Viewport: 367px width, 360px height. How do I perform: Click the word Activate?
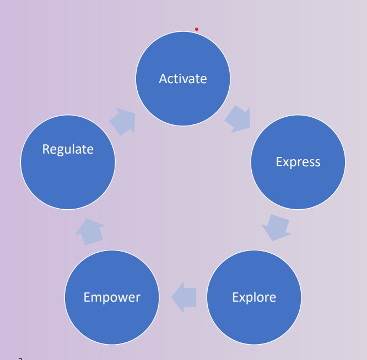183,79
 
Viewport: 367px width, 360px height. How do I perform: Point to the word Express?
298,162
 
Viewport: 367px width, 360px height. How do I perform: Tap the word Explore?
254,298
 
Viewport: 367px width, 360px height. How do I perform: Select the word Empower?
112,298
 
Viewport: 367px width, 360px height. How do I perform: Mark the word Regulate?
68,149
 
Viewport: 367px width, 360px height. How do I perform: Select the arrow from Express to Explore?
276,227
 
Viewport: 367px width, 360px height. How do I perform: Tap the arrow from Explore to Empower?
184,298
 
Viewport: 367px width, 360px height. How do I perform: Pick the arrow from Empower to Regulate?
89,231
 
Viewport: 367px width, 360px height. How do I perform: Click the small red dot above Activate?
196,29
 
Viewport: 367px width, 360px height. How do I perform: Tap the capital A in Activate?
163,79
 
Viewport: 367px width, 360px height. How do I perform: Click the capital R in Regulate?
46,149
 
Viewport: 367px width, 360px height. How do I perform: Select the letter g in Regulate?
62,150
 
